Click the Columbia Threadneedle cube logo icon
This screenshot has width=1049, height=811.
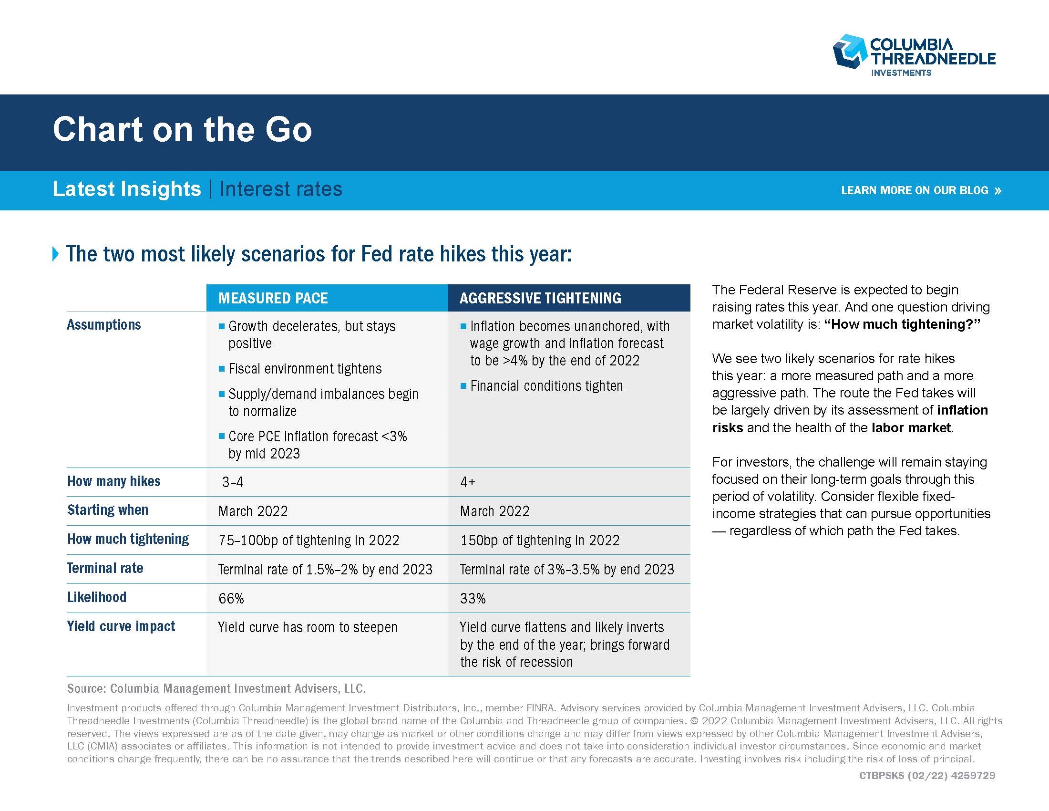(x=849, y=51)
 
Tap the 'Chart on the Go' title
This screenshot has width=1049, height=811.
(x=183, y=129)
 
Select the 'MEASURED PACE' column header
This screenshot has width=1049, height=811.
(x=273, y=298)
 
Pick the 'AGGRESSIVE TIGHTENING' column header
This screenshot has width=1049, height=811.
(x=540, y=298)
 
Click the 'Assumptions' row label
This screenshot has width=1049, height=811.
(x=104, y=325)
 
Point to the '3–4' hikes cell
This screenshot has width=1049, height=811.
(x=233, y=482)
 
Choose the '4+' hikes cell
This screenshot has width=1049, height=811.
(x=468, y=482)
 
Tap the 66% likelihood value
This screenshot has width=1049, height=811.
(x=231, y=599)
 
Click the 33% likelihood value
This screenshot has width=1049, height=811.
(x=473, y=599)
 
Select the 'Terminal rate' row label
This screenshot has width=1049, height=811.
(x=105, y=568)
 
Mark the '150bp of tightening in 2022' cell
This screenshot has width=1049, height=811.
(x=540, y=541)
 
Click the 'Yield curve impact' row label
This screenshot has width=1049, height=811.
(x=121, y=626)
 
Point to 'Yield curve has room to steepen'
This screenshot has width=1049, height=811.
(x=308, y=627)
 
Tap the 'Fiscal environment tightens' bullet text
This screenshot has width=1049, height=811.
(x=305, y=368)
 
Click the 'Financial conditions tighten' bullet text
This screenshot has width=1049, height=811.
(x=546, y=386)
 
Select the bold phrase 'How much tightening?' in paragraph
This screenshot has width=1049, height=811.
(x=902, y=324)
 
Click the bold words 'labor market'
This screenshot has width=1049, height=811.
(x=911, y=427)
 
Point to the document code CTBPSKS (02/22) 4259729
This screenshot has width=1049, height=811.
(x=927, y=775)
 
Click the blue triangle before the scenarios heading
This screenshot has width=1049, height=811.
(x=56, y=254)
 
